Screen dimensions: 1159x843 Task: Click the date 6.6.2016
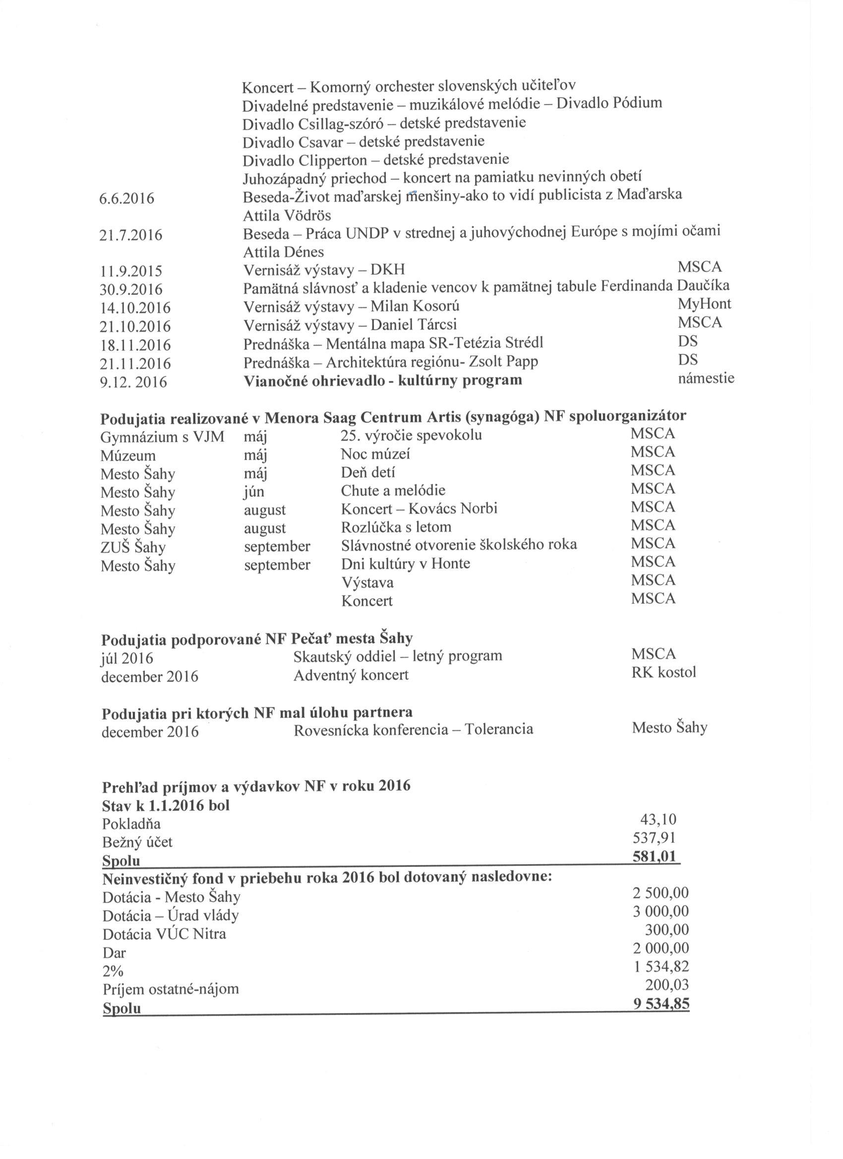click(127, 198)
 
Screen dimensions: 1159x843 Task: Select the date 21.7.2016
click(130, 235)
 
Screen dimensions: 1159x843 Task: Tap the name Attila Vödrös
click(287, 216)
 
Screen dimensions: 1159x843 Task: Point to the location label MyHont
click(704, 304)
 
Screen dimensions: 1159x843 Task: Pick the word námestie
click(706, 378)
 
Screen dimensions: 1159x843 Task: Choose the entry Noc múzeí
click(375, 454)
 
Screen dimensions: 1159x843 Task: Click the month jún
click(254, 491)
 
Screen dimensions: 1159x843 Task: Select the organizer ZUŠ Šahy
click(133, 547)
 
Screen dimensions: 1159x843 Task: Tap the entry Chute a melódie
click(393, 491)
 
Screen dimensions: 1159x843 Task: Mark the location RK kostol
click(663, 672)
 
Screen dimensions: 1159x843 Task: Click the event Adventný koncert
click(351, 675)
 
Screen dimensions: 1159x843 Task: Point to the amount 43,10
click(659, 820)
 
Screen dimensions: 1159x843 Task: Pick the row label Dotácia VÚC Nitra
click(164, 934)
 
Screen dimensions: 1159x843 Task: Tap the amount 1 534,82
click(661, 966)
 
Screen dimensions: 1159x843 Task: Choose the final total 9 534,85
click(661, 1004)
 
